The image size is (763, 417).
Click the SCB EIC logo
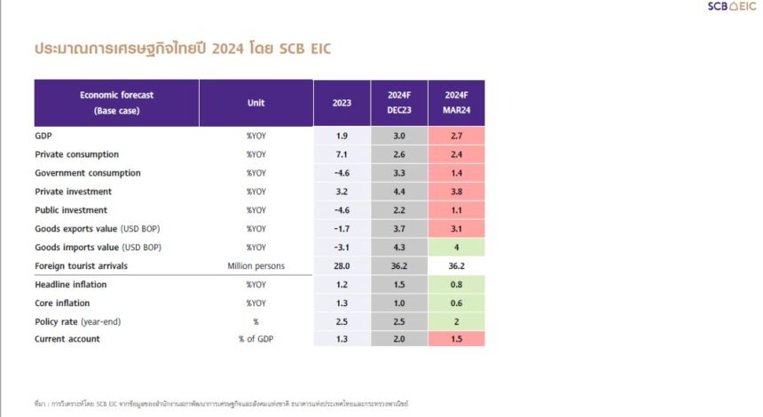(x=732, y=7)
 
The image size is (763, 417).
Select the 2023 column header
(x=342, y=103)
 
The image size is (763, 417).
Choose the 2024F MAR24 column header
(x=456, y=103)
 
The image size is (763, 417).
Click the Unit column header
(x=256, y=103)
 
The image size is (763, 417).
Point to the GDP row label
(x=43, y=135)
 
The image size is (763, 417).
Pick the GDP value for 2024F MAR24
(x=456, y=135)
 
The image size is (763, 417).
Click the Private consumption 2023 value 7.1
(x=342, y=153)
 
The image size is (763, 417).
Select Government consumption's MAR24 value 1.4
(x=456, y=173)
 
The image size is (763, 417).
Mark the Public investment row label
(x=70, y=210)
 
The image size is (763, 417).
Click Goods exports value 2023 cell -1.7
(x=342, y=229)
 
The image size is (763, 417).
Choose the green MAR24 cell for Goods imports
(x=456, y=248)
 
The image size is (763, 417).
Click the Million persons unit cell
(x=256, y=265)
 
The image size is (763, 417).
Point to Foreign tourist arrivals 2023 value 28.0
(x=342, y=265)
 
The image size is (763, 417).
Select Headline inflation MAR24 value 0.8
(x=456, y=284)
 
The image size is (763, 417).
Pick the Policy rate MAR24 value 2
(x=456, y=321)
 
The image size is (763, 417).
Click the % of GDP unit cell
(x=256, y=339)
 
